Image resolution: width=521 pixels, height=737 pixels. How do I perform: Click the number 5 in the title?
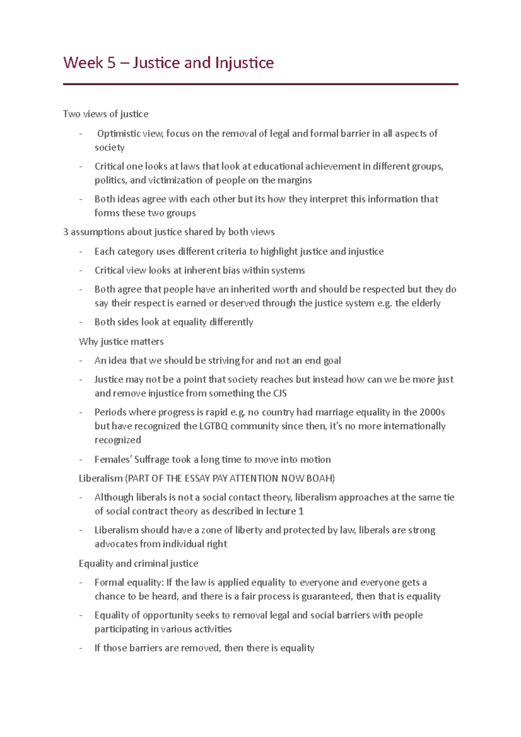click(112, 63)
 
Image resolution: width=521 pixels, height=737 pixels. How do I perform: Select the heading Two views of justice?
click(106, 114)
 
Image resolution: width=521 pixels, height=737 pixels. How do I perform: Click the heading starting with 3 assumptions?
click(168, 232)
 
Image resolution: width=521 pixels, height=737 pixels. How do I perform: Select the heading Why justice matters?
click(121, 342)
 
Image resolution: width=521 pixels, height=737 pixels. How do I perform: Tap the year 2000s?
click(432, 412)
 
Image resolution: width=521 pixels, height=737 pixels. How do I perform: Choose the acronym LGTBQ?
click(213, 426)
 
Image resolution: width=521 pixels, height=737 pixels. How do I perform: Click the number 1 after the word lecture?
click(301, 511)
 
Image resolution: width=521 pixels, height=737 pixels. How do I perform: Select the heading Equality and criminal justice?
click(138, 563)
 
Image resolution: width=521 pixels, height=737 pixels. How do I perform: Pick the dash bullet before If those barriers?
click(81, 648)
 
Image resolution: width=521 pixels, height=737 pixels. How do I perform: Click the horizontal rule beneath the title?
click(260, 84)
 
